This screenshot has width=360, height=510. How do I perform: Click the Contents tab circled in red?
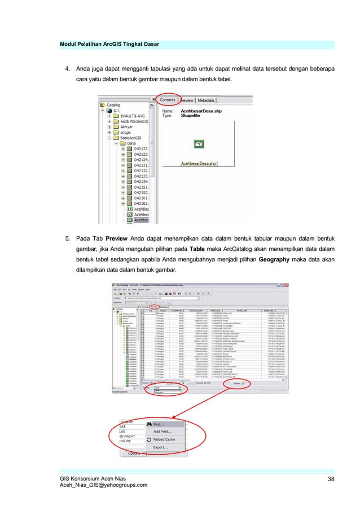coord(168,100)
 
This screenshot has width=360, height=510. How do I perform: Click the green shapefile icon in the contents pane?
coord(199,145)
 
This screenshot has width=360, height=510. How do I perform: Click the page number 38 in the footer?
coord(331,479)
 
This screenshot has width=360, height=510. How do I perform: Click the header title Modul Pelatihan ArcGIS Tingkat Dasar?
coord(111,44)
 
